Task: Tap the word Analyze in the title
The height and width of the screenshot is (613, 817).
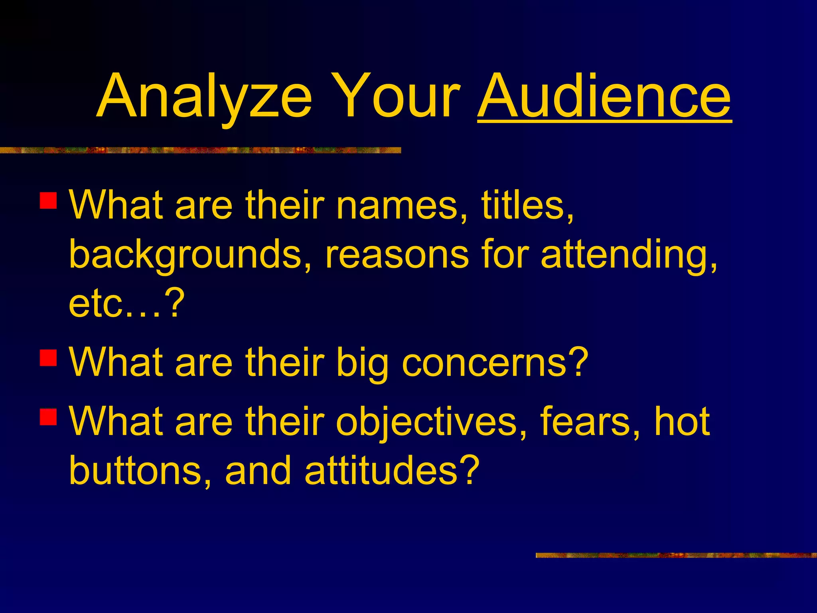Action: click(204, 98)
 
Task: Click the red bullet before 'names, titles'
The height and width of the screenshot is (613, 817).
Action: click(48, 201)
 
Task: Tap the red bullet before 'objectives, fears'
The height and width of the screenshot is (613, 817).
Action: click(48, 417)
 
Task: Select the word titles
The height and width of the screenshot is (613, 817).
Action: click(527, 205)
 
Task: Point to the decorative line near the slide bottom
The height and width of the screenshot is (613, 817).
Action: click(676, 555)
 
